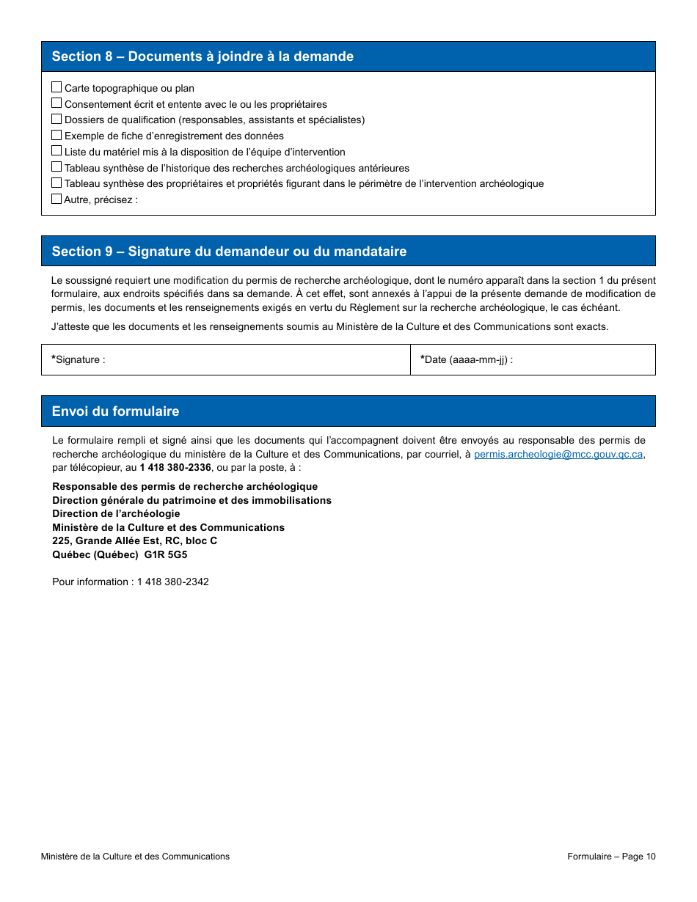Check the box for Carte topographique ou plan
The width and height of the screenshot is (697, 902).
(56, 87)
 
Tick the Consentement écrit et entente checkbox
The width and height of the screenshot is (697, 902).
(56, 103)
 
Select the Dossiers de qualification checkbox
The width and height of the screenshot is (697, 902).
(56, 119)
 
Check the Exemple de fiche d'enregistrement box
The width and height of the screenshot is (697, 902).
(56, 135)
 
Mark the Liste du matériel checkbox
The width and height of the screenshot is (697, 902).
(56, 151)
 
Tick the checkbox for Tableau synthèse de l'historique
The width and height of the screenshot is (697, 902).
(56, 167)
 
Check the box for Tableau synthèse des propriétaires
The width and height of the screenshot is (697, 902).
(56, 183)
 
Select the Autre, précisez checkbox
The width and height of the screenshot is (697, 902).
(56, 199)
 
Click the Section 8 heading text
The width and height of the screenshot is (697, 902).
(202, 56)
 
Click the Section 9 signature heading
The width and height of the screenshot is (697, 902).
(229, 252)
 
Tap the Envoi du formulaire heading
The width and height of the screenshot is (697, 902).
(115, 411)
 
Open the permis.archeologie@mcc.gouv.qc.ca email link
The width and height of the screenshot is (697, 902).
(558, 455)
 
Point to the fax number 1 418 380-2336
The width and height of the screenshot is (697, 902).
(175, 468)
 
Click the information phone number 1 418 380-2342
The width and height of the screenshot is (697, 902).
(172, 582)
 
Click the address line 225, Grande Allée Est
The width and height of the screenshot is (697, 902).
(134, 541)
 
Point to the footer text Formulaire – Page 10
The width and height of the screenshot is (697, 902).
(611, 857)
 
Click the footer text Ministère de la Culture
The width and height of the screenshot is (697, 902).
(135, 857)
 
